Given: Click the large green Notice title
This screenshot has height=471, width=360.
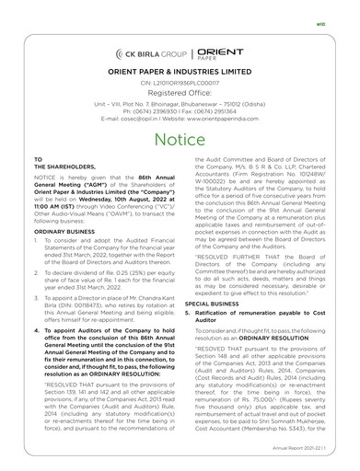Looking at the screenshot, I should tap(180, 139).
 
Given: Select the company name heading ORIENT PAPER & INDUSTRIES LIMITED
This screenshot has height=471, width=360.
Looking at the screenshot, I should tap(180, 73).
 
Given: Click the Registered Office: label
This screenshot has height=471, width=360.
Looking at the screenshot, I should tap(180, 94).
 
